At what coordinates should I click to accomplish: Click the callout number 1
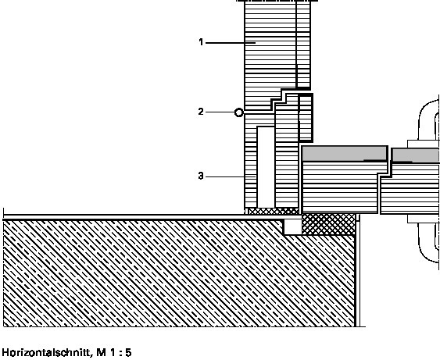(201, 42)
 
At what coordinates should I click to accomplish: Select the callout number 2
(201, 112)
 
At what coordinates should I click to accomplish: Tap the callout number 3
(201, 176)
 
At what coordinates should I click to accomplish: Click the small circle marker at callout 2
(239, 112)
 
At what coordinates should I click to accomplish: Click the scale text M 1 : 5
(114, 352)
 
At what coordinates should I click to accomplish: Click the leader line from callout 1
(231, 43)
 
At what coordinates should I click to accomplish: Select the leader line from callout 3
(231, 177)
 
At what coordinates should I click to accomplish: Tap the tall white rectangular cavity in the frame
(266, 167)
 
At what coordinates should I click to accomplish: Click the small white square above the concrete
(292, 226)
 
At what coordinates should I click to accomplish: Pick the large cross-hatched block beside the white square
(328, 224)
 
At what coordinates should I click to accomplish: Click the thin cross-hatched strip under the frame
(274, 211)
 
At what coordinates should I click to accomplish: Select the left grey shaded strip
(345, 153)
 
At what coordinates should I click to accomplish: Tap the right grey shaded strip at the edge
(416, 155)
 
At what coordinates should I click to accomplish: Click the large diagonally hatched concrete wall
(180, 273)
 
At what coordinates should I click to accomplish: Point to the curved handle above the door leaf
(429, 119)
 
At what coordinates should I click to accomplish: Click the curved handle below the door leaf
(429, 243)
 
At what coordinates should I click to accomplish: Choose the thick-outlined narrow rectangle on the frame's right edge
(306, 118)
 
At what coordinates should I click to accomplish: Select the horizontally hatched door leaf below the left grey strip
(340, 187)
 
